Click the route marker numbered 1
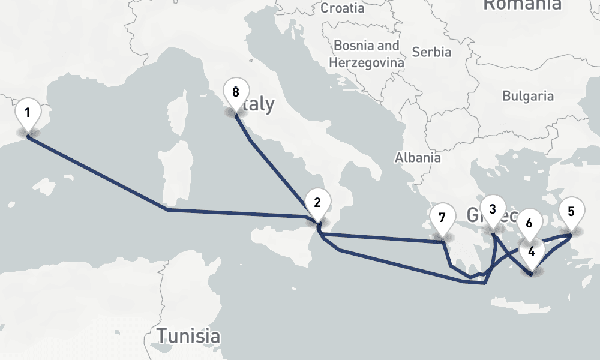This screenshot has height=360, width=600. [28, 112]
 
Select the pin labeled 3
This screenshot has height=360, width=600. [493, 209]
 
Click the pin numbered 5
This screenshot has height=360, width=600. [571, 211]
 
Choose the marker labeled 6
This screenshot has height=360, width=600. [529, 223]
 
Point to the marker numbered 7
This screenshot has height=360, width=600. [442, 217]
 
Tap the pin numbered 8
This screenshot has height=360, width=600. [235, 92]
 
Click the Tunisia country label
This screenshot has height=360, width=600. [188, 335]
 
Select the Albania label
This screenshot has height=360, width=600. [418, 158]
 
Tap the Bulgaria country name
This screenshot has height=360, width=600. [528, 95]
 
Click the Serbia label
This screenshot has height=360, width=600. [432, 52]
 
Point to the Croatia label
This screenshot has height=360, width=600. [342, 8]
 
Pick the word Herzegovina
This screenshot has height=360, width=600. [367, 62]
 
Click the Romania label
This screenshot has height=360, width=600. [522, 5]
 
